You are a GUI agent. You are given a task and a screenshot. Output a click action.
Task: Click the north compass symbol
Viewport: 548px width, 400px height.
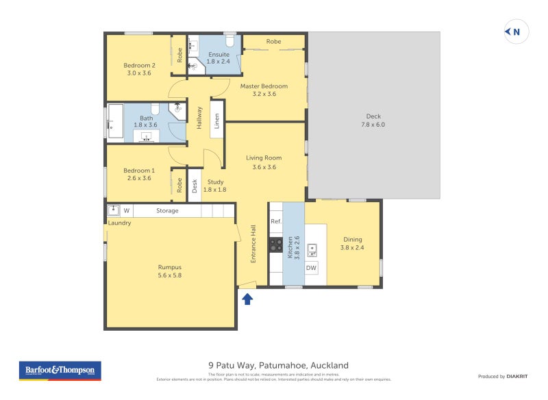click(x=516, y=32)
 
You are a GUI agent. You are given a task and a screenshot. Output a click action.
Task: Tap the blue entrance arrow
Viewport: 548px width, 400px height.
click(x=247, y=299)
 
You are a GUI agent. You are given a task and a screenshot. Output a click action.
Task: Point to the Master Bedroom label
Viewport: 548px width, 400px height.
click(x=264, y=90)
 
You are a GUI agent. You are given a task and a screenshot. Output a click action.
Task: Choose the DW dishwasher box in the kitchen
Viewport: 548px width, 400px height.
click(x=311, y=268)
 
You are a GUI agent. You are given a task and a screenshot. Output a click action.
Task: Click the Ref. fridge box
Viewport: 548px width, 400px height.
click(x=276, y=221)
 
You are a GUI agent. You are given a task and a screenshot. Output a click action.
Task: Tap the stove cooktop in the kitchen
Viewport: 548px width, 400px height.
click(x=276, y=245)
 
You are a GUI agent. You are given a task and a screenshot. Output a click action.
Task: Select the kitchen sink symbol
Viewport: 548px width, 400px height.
click(x=312, y=249)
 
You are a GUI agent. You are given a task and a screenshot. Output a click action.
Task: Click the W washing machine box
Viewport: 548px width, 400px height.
click(x=127, y=210)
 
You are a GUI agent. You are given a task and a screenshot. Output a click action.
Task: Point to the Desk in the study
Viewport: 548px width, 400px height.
click(x=195, y=186)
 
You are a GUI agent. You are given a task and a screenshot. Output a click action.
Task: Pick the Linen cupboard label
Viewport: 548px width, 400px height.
click(x=216, y=121)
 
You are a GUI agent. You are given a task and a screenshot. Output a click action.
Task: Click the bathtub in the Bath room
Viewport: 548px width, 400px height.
click(x=114, y=122)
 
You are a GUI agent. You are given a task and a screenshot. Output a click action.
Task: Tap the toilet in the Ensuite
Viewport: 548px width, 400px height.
click(x=229, y=42)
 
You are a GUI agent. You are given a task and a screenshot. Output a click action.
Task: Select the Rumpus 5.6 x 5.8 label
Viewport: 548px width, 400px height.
click(x=170, y=271)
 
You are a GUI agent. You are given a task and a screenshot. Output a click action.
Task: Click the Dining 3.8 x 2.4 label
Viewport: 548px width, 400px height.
click(x=352, y=243)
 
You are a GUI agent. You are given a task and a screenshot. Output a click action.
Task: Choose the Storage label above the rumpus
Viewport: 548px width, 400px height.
click(x=167, y=210)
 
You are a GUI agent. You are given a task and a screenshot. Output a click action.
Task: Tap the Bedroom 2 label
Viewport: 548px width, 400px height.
click(x=139, y=69)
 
